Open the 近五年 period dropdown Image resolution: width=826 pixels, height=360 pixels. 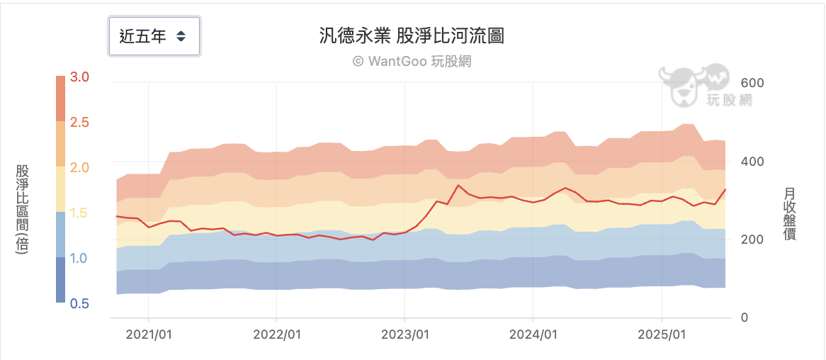[154, 36]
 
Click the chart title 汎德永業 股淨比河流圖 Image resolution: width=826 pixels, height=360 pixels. [412, 36]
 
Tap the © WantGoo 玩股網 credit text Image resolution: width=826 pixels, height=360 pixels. [412, 62]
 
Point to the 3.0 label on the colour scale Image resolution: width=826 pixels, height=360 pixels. [80, 77]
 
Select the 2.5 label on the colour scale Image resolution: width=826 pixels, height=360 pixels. [80, 123]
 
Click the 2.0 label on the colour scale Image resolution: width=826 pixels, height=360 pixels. [80, 168]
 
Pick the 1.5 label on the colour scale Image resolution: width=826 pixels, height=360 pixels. [80, 213]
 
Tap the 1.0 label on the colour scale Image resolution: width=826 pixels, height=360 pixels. [80, 259]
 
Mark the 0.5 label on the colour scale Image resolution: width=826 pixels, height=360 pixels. [80, 304]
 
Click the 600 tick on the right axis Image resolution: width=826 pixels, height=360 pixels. [752, 83]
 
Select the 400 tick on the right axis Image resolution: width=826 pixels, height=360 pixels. [752, 162]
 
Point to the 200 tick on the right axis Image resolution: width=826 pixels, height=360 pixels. [752, 240]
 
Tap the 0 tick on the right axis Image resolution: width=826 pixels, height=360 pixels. [745, 318]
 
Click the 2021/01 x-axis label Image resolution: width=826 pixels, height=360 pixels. [148, 334]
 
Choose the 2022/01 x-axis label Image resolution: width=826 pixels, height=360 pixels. [276, 334]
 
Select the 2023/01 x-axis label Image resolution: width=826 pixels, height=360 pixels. [404, 334]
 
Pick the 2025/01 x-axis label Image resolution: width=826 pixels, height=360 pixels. [661, 334]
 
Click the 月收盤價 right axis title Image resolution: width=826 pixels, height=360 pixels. [790, 213]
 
